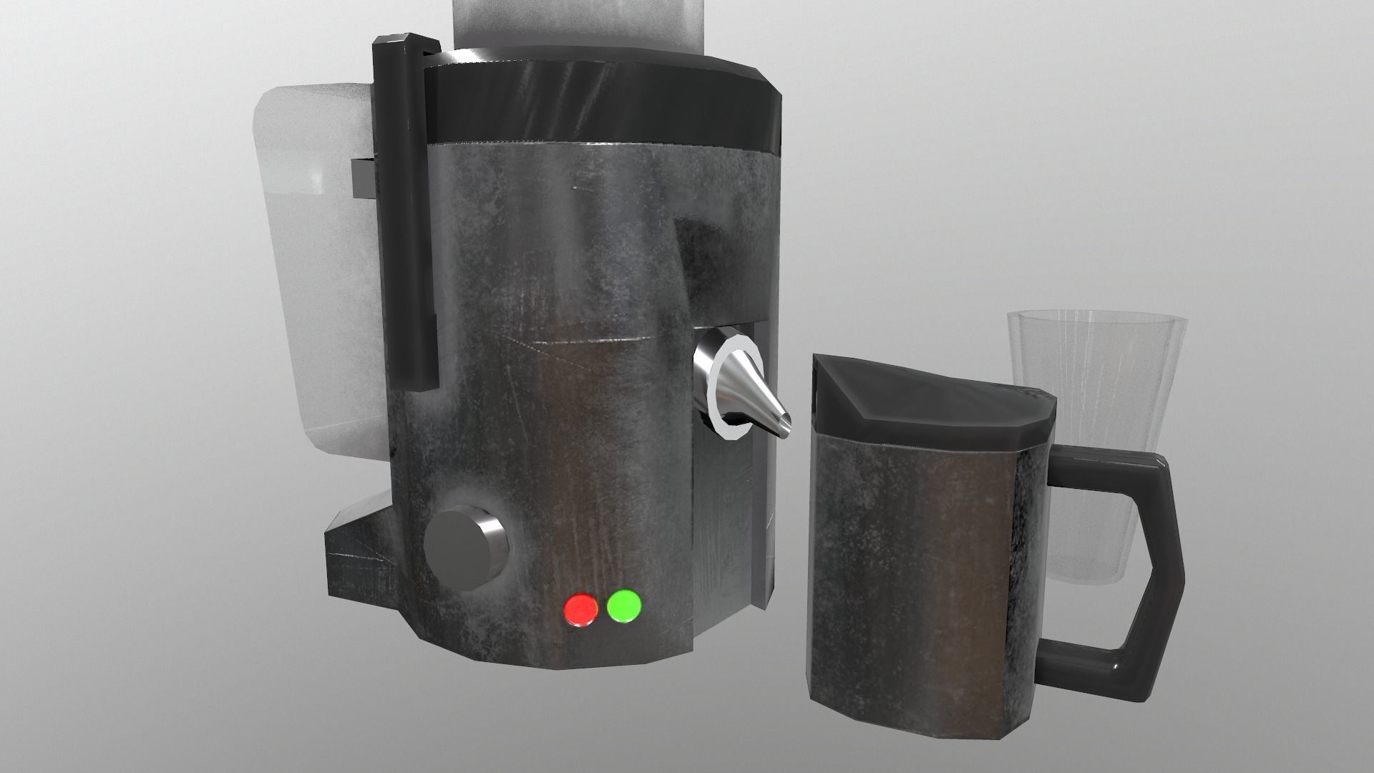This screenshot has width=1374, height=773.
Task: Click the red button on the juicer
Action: pyautogui.click(x=580, y=610)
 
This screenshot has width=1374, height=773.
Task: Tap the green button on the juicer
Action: pyautogui.click(x=624, y=606)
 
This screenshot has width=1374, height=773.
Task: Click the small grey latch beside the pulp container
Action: pyautogui.click(x=364, y=179)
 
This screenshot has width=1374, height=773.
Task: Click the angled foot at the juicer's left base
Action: pyautogui.click(x=361, y=573)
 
